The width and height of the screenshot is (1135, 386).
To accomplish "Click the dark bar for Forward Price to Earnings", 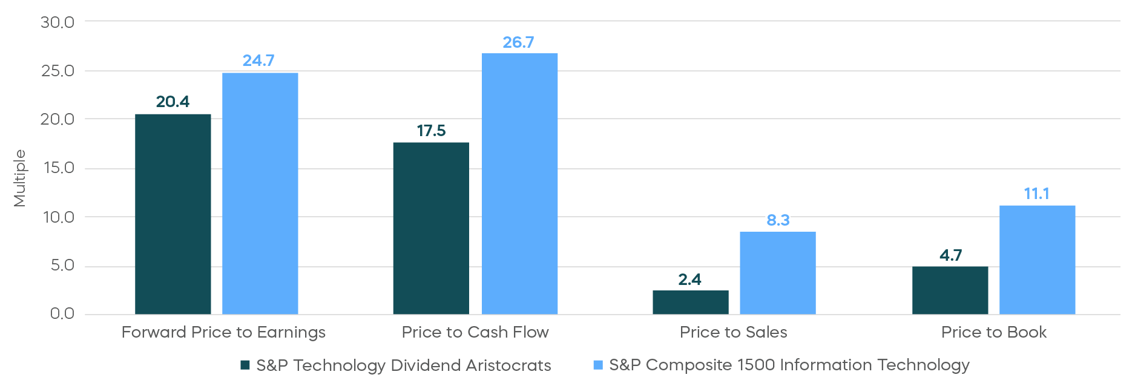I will coord(173,214).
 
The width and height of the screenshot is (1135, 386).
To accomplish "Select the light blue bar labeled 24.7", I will coord(260,194).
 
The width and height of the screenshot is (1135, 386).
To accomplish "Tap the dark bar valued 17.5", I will coord(431,229).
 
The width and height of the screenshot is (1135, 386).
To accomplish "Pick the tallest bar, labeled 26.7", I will coord(519,184).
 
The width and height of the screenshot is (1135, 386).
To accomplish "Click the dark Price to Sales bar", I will coord(690,302).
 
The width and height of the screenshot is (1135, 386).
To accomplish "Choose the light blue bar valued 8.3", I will coord(777,273).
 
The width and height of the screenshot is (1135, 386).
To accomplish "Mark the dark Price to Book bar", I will coord(950,290).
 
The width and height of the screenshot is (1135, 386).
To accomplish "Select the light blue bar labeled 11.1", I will coord(1037,260).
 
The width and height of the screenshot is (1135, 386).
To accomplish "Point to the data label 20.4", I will coord(173,102).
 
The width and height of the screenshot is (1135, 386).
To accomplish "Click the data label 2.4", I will coord(689,280).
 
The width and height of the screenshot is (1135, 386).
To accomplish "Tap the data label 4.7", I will coord(950,255).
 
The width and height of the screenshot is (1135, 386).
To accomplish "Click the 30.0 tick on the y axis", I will coord(58,22).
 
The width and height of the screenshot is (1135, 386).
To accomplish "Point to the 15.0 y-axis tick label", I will coord(59,168).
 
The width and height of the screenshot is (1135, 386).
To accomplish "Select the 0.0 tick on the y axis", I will coord(62,313).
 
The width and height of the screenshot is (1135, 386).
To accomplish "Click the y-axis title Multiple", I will coord(20,178).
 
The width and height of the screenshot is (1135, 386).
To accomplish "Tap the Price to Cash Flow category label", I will coord(475,332).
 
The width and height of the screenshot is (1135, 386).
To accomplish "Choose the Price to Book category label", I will coord(993,332).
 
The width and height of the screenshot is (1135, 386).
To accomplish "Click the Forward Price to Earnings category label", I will coord(223,332).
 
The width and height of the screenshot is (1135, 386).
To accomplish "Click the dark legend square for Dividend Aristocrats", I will coord(245,365).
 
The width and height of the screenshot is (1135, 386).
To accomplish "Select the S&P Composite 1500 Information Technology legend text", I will coord(789,365).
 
